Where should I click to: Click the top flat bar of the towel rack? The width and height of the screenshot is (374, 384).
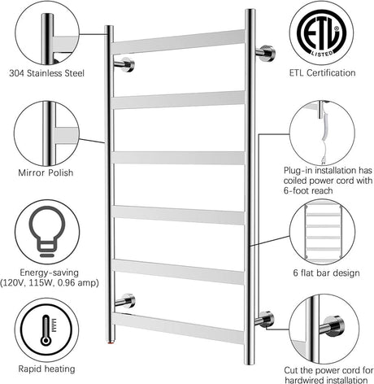tap(179, 42)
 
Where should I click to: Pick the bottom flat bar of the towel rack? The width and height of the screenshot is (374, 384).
tap(179, 327)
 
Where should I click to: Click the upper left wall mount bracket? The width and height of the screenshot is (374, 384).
tap(124, 64)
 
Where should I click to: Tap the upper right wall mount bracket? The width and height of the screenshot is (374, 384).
tap(265, 53)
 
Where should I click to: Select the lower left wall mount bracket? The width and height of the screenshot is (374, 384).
tap(124, 302)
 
